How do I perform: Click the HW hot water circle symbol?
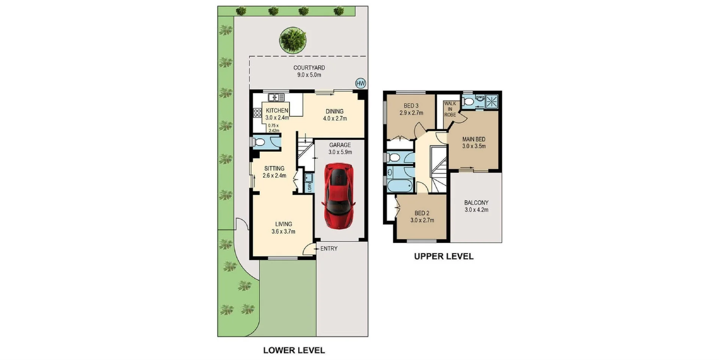coord(360,84)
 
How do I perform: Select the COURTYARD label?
coord(309,68)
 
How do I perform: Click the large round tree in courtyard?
coord(292,40)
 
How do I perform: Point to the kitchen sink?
coord(276,97)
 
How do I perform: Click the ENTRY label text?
coord(329,248)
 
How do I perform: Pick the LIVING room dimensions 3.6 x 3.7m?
coord(283,232)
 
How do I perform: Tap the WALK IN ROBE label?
coord(450,109)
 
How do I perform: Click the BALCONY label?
coord(476,203)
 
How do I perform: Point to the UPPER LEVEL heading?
coord(444,257)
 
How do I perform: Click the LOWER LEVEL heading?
coord(294,351)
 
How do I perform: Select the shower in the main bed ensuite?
coord(491,101)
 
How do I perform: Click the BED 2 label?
coord(422,213)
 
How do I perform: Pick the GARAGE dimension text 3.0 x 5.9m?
coord(340,152)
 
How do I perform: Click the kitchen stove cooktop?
coord(257,112)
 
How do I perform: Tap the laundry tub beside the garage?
coord(309,178)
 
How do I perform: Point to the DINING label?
coord(334,111)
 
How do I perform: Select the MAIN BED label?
coord(474,139)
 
